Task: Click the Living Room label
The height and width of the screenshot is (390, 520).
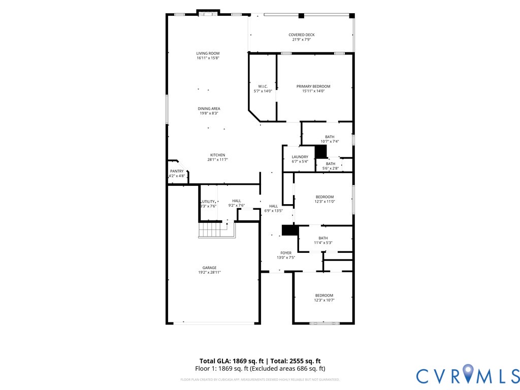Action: (208, 53)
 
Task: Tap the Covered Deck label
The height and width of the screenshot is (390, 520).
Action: (302, 35)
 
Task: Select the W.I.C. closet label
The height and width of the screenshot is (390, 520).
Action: (263, 86)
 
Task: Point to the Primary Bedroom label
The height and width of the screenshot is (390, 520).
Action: (313, 86)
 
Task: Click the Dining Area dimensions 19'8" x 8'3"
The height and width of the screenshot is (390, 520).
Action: (209, 114)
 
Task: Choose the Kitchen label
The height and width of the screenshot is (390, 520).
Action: (218, 155)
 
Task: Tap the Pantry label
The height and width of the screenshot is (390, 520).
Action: (177, 172)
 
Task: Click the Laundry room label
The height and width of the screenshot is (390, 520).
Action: (300, 157)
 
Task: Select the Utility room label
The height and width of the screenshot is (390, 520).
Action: (208, 202)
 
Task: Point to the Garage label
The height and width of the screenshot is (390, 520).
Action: (209, 268)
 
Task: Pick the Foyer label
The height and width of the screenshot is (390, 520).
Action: (286, 253)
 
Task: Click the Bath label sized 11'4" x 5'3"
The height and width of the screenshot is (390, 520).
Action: (323, 238)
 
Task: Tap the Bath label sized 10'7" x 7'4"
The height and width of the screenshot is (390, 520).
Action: (330, 137)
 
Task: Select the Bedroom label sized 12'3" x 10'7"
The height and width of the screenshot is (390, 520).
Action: (324, 296)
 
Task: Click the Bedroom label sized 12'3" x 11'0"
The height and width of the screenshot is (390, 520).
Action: (324, 197)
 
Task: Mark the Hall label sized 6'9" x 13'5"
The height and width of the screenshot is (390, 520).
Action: (273, 206)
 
